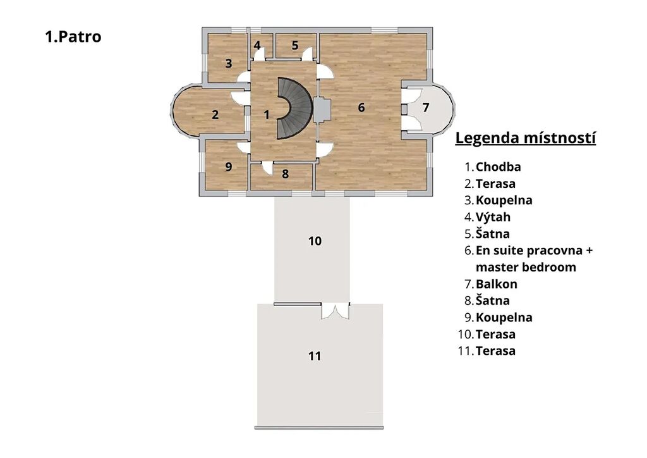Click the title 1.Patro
click(x=73, y=37)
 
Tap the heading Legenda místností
click(x=525, y=138)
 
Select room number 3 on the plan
click(x=229, y=64)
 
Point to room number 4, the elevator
click(x=257, y=46)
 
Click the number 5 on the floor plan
click(x=295, y=46)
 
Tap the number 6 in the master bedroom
click(x=361, y=108)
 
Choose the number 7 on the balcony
click(x=426, y=108)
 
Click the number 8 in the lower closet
click(x=285, y=174)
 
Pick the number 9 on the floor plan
click(x=229, y=167)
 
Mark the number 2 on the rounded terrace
click(x=215, y=114)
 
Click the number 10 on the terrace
click(x=315, y=241)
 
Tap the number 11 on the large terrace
click(x=315, y=356)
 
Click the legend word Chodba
click(x=498, y=167)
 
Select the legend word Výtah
click(x=493, y=217)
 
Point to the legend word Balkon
click(x=497, y=284)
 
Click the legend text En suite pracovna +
click(x=535, y=251)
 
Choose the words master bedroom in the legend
click(x=526, y=267)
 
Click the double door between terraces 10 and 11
click(x=336, y=311)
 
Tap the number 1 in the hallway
click(x=267, y=114)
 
